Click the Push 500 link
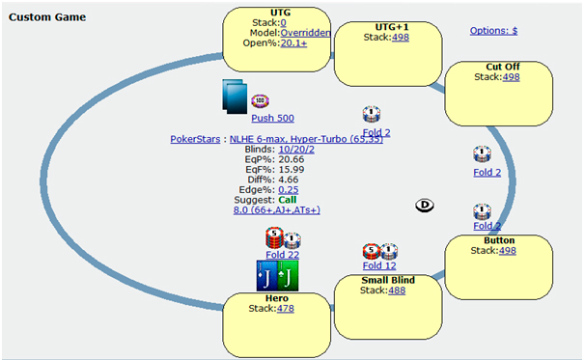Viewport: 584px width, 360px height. click(272, 119)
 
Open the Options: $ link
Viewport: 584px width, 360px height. click(493, 31)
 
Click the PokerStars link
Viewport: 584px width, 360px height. click(195, 139)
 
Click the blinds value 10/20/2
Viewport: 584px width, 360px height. click(296, 150)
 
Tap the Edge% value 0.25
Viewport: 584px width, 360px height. click(289, 190)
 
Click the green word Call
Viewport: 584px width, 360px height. click(288, 200)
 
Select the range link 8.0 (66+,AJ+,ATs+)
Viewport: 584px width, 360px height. click(277, 210)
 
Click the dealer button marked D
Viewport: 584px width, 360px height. click(425, 206)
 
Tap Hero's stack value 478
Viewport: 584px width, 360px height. click(286, 309)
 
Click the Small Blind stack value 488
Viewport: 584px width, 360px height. click(397, 291)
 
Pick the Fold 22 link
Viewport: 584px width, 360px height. click(282, 255)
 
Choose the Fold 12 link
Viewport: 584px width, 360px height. click(379, 265)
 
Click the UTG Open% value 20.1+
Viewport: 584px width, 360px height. click(293, 43)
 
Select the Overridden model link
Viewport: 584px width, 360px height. click(305, 33)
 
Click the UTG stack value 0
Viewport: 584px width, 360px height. click(283, 23)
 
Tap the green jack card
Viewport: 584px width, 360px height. click(288, 276)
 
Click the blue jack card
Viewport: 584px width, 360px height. click(267, 276)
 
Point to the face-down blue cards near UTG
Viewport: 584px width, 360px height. click(235, 97)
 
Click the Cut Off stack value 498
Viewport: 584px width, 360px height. click(511, 77)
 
